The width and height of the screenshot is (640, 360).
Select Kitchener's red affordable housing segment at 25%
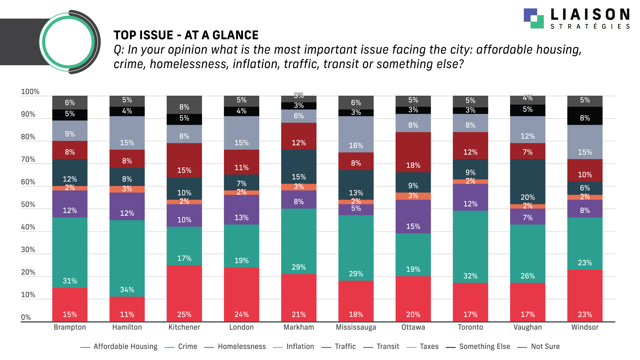pyautogui.click(x=184, y=293)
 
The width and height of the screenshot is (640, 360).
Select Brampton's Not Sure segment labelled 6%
pyautogui.click(x=70, y=103)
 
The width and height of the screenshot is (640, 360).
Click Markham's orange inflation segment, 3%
pyautogui.click(x=299, y=187)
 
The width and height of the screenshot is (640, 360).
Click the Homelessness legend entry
pyautogui.click(x=235, y=347)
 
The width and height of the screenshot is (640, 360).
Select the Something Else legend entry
pyautogui.click(x=478, y=347)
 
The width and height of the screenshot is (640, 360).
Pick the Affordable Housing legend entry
pyautogui.click(x=119, y=347)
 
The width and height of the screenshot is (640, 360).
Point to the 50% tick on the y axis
pyautogui.click(x=28, y=205)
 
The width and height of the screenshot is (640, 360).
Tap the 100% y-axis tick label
pyautogui.click(x=30, y=92)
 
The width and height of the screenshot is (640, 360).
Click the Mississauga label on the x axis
pyautogui.click(x=356, y=327)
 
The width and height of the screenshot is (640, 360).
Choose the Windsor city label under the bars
pyautogui.click(x=585, y=327)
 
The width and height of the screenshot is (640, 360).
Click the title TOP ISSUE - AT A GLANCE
pyautogui.click(x=186, y=35)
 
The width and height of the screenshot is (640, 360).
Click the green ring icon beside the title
pyautogui.click(x=69, y=42)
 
